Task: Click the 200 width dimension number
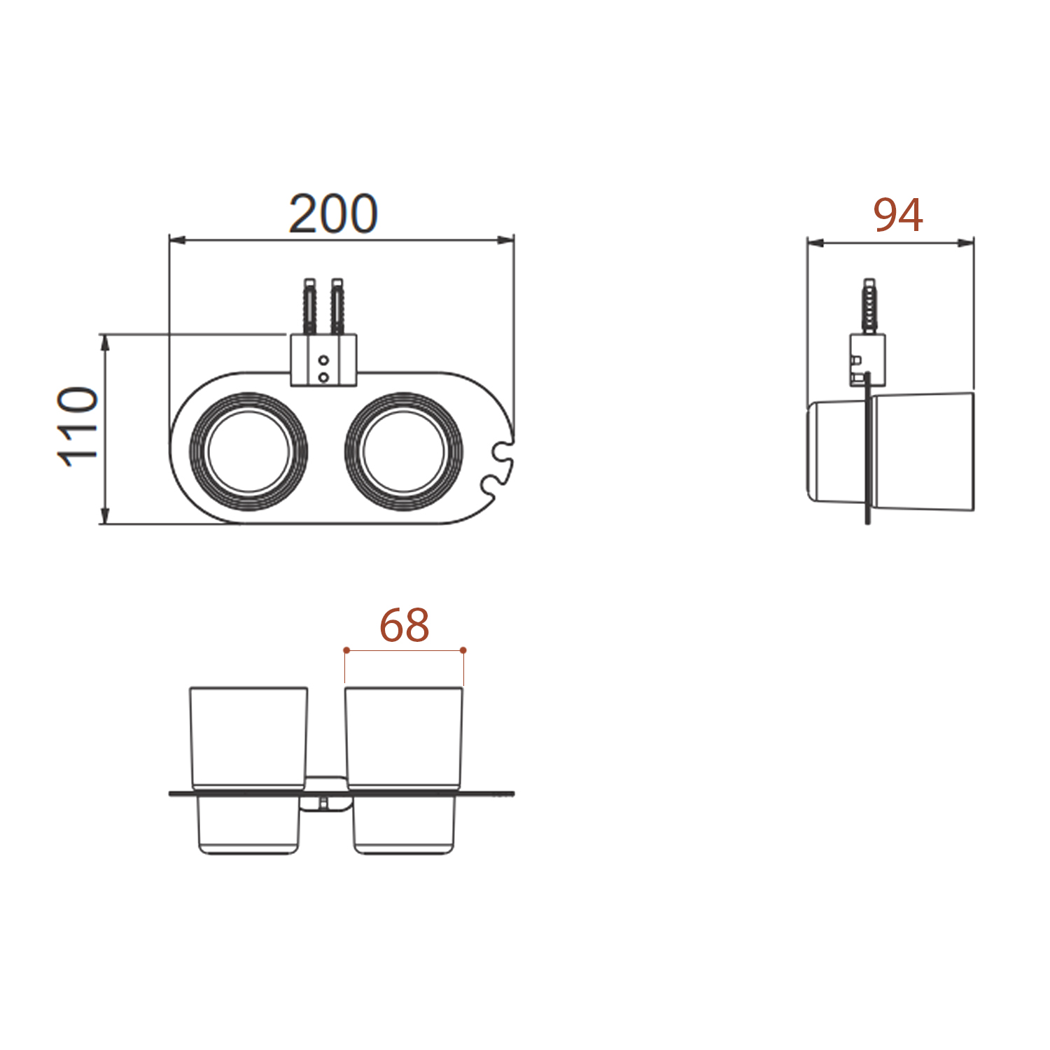tap(333, 213)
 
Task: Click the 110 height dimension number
tap(78, 426)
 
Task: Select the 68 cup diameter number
tap(404, 625)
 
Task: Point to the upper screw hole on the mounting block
tap(323, 360)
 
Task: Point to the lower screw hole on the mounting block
tap(323, 377)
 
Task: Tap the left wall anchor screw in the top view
tap(309, 307)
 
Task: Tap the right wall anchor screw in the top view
tap(337, 307)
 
